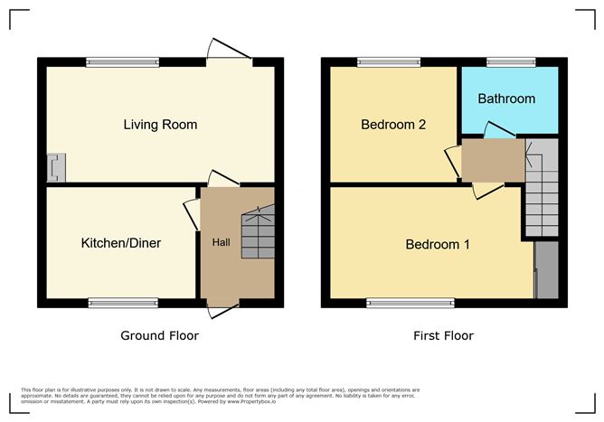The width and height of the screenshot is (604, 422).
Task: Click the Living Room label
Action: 160,125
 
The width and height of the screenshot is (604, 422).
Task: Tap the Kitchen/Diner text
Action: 121,243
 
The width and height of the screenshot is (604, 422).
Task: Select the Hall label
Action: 222,242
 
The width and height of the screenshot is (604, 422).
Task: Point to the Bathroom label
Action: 506,98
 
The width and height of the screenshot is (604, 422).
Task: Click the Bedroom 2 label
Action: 393,125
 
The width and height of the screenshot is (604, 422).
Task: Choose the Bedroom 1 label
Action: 438,245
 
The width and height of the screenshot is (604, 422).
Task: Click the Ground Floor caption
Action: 159,335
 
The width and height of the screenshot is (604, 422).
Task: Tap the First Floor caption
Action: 443,335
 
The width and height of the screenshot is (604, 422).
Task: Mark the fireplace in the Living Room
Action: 56,167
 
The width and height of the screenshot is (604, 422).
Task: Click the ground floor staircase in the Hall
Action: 258,232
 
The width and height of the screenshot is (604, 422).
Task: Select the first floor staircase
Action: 542,188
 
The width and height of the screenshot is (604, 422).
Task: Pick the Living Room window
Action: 122,62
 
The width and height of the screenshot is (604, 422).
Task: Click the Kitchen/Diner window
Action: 123,303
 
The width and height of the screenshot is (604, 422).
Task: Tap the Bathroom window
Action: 511,62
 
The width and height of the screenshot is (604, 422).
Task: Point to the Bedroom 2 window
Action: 389,62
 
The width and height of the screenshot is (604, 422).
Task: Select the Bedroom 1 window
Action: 411,303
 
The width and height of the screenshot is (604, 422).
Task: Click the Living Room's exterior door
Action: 230,49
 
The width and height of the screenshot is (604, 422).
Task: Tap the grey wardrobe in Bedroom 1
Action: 547,270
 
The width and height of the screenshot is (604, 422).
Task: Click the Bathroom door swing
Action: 500,130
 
